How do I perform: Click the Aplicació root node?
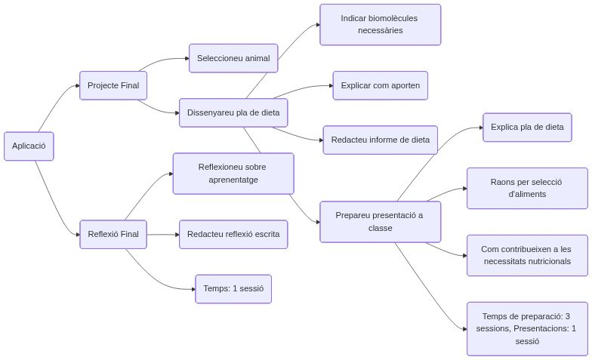(29, 146)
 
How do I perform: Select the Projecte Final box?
(113, 85)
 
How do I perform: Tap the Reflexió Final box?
(113, 234)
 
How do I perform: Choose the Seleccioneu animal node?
(233, 58)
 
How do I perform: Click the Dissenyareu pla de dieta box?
(233, 112)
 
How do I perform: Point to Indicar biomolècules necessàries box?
(380, 24)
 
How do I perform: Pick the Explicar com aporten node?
(381, 85)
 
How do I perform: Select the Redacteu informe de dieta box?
(380, 140)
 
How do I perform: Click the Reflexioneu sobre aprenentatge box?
(233, 173)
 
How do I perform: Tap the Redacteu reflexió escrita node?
(233, 234)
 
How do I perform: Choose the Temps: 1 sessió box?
(233, 288)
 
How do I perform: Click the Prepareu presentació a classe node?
(380, 221)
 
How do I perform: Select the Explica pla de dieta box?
(527, 127)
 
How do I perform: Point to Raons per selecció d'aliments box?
(527, 188)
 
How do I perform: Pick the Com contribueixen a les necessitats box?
(527, 255)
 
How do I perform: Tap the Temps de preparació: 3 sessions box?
(527, 328)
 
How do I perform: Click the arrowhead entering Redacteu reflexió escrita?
(176, 234)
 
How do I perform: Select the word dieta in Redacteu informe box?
(421, 140)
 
